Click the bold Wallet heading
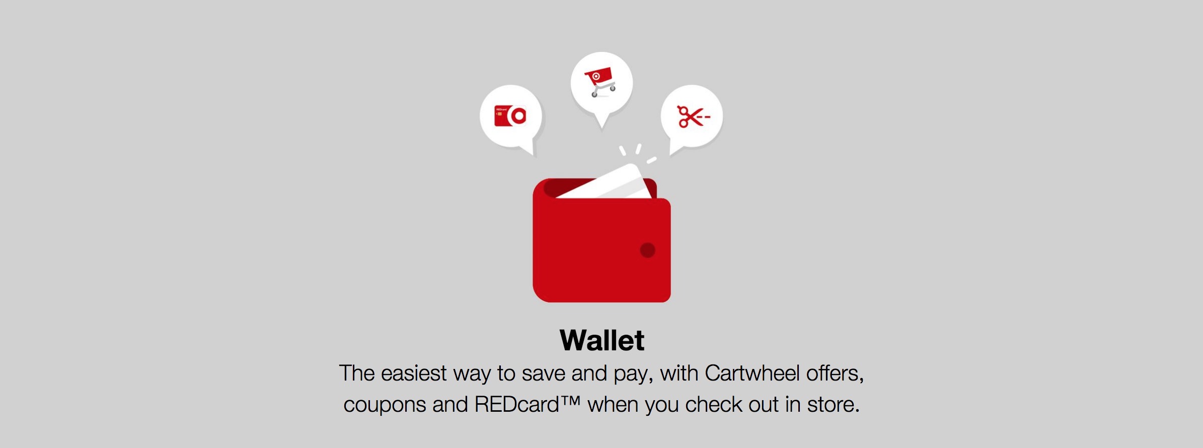[602, 340]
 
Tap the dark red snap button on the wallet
[647, 250]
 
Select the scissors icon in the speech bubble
[693, 117]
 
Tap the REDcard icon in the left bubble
[510, 116]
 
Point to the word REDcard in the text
[516, 405]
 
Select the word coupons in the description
[385, 405]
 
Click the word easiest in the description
[414, 374]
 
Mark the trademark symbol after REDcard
[570, 401]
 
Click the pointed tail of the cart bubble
[602, 126]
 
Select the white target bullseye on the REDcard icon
[518, 116]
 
